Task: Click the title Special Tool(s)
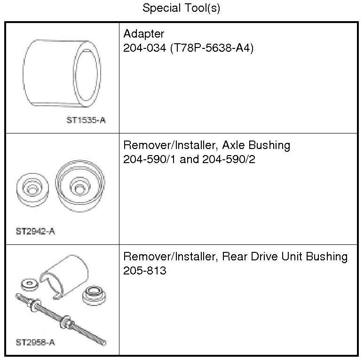(x=181, y=8)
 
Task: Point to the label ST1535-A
(x=86, y=120)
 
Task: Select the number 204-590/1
(x=148, y=159)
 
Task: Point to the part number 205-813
(x=144, y=271)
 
